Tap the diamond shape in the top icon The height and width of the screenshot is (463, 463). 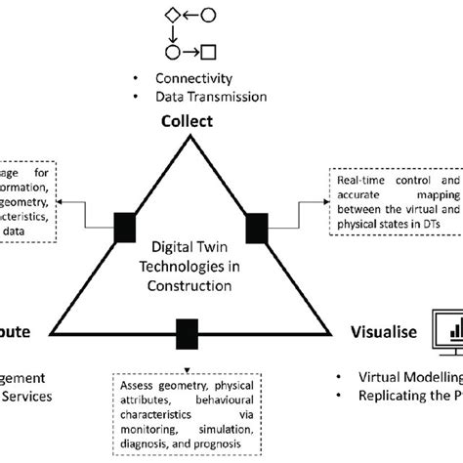pos(172,15)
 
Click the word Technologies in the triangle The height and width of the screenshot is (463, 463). pos(184,268)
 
